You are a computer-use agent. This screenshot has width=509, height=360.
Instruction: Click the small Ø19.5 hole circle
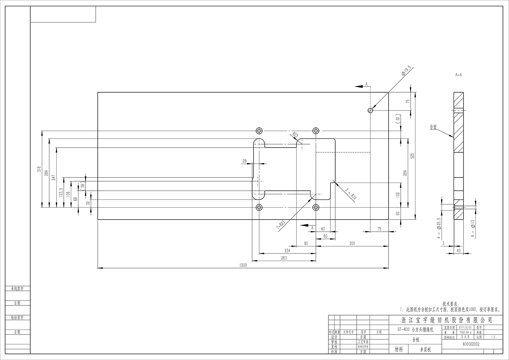(x=370, y=110)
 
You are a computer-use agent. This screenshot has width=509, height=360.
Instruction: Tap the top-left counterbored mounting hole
(x=259, y=131)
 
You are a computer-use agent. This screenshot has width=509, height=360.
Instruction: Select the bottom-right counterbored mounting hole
(x=316, y=207)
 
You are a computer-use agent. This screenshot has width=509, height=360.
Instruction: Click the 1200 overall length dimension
(x=243, y=265)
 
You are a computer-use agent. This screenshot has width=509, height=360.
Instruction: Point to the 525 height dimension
(x=413, y=156)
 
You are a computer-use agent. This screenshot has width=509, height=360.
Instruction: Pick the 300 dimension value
(x=352, y=243)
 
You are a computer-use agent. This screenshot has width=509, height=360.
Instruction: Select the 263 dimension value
(x=284, y=258)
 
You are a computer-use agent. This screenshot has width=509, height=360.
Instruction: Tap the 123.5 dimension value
(x=61, y=193)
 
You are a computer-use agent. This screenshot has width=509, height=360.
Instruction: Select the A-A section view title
(x=458, y=75)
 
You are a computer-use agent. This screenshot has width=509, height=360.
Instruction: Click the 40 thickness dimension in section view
(x=459, y=250)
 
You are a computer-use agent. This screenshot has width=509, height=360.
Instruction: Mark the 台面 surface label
(x=433, y=127)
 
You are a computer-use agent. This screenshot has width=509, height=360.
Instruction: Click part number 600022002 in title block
(x=471, y=344)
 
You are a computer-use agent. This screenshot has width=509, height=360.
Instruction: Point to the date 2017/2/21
(x=465, y=327)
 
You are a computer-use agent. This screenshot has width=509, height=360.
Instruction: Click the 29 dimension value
(x=245, y=161)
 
